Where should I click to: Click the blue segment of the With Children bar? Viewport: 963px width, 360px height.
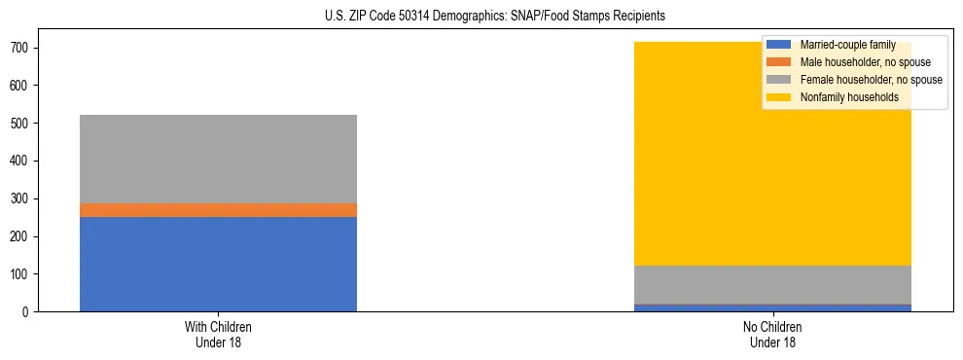(218, 264)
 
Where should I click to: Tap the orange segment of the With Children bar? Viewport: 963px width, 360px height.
(218, 210)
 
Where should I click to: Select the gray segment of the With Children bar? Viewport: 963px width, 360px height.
(218, 159)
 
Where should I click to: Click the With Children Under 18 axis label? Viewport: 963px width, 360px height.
(218, 334)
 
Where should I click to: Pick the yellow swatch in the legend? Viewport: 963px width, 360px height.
(780, 97)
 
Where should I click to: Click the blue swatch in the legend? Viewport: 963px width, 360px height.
(780, 45)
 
